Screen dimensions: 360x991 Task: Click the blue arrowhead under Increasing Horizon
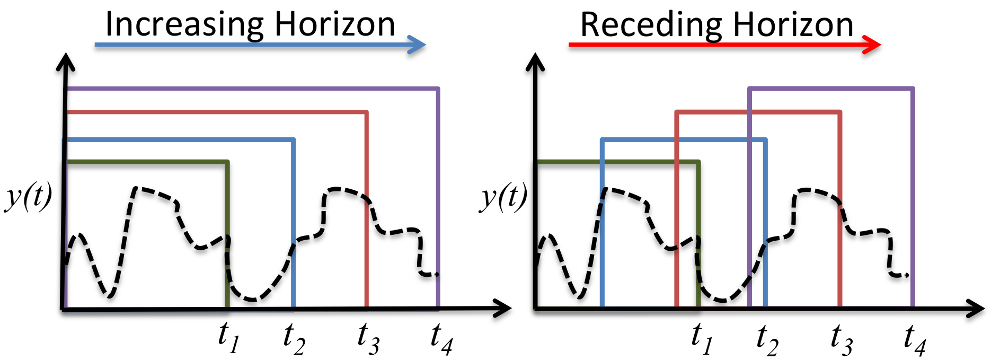click(x=416, y=45)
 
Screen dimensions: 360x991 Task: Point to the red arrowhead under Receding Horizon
click(x=872, y=45)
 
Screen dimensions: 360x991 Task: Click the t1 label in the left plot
click(x=229, y=338)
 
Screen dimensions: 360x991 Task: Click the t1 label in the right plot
click(x=703, y=338)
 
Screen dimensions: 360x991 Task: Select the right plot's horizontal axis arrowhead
click(x=975, y=309)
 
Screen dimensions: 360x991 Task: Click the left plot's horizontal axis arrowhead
click(x=502, y=309)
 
